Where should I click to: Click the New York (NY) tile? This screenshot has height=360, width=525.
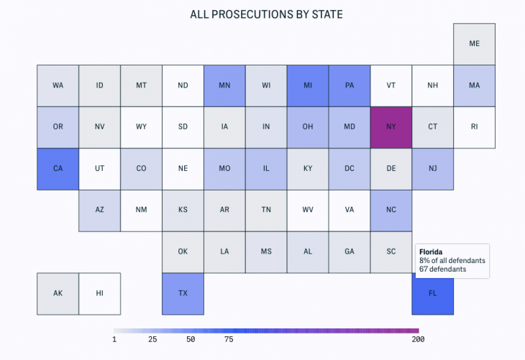click(x=391, y=127)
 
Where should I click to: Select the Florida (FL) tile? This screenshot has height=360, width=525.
click(x=433, y=293)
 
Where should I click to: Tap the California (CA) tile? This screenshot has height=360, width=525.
click(x=58, y=169)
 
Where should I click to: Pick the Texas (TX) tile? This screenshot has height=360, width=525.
click(x=183, y=293)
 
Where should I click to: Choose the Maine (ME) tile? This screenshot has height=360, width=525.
click(x=474, y=44)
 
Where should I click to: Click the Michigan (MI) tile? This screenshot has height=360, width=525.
click(x=308, y=86)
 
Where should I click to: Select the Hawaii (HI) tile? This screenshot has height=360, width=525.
click(x=99, y=293)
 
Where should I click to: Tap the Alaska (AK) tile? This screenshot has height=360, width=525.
click(x=58, y=293)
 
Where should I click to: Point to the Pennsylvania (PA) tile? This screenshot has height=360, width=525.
click(x=350, y=86)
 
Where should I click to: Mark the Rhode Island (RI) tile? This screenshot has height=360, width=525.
click(x=474, y=127)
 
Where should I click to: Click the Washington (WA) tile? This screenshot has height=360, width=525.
click(x=58, y=86)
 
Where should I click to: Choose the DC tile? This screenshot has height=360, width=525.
click(x=350, y=169)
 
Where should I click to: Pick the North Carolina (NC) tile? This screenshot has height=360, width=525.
click(x=391, y=211)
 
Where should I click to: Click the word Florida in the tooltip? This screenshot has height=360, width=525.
click(x=432, y=251)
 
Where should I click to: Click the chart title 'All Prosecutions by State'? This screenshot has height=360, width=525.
click(x=262, y=14)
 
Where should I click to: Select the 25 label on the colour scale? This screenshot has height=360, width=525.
click(x=152, y=338)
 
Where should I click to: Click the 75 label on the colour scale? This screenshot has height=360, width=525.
click(x=229, y=338)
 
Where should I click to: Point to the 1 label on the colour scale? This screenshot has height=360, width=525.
click(x=114, y=338)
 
